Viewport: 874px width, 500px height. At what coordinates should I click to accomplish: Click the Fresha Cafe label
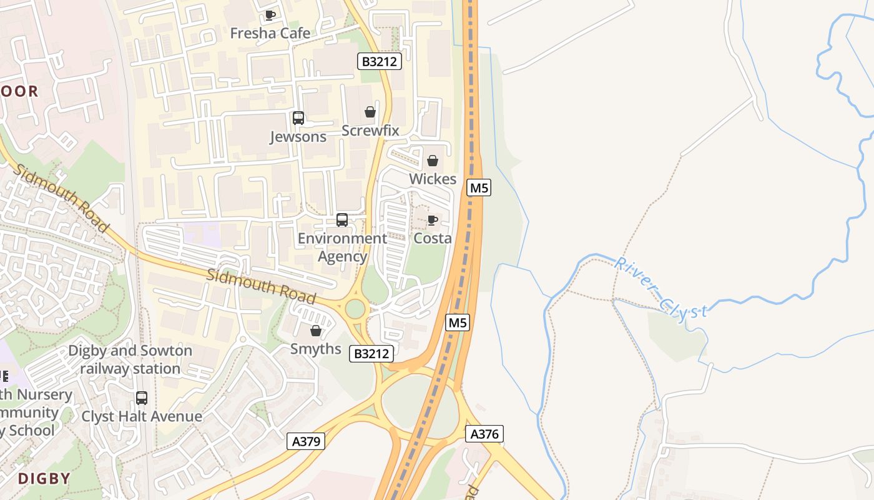tap(270, 33)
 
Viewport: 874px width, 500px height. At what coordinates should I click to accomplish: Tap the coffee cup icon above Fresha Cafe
tap(270, 15)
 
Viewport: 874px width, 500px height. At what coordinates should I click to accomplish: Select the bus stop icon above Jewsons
tap(298, 117)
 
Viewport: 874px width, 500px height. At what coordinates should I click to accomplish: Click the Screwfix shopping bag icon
tap(370, 112)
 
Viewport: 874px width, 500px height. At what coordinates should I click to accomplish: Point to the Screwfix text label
tap(370, 131)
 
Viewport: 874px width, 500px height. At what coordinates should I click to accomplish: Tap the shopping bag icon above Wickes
tap(432, 161)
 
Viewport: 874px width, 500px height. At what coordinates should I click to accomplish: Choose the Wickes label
tap(433, 179)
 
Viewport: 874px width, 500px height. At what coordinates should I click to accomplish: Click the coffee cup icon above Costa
tap(432, 220)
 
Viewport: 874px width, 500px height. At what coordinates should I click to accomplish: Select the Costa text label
tap(433, 238)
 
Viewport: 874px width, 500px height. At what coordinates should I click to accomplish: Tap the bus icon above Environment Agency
tap(341, 220)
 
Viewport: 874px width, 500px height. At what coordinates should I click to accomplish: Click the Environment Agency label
tap(342, 247)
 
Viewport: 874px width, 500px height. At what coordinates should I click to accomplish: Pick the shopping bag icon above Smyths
tap(316, 331)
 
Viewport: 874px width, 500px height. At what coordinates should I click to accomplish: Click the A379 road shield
tap(307, 441)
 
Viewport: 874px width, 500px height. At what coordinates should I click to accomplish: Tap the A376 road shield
tap(484, 434)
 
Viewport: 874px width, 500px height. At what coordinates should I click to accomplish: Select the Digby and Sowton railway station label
tap(130, 359)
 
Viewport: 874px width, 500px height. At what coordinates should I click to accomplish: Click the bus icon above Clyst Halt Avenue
tap(142, 398)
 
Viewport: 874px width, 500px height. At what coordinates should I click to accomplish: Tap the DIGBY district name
tap(44, 479)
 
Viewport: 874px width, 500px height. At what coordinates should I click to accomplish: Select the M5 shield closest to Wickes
tap(478, 187)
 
